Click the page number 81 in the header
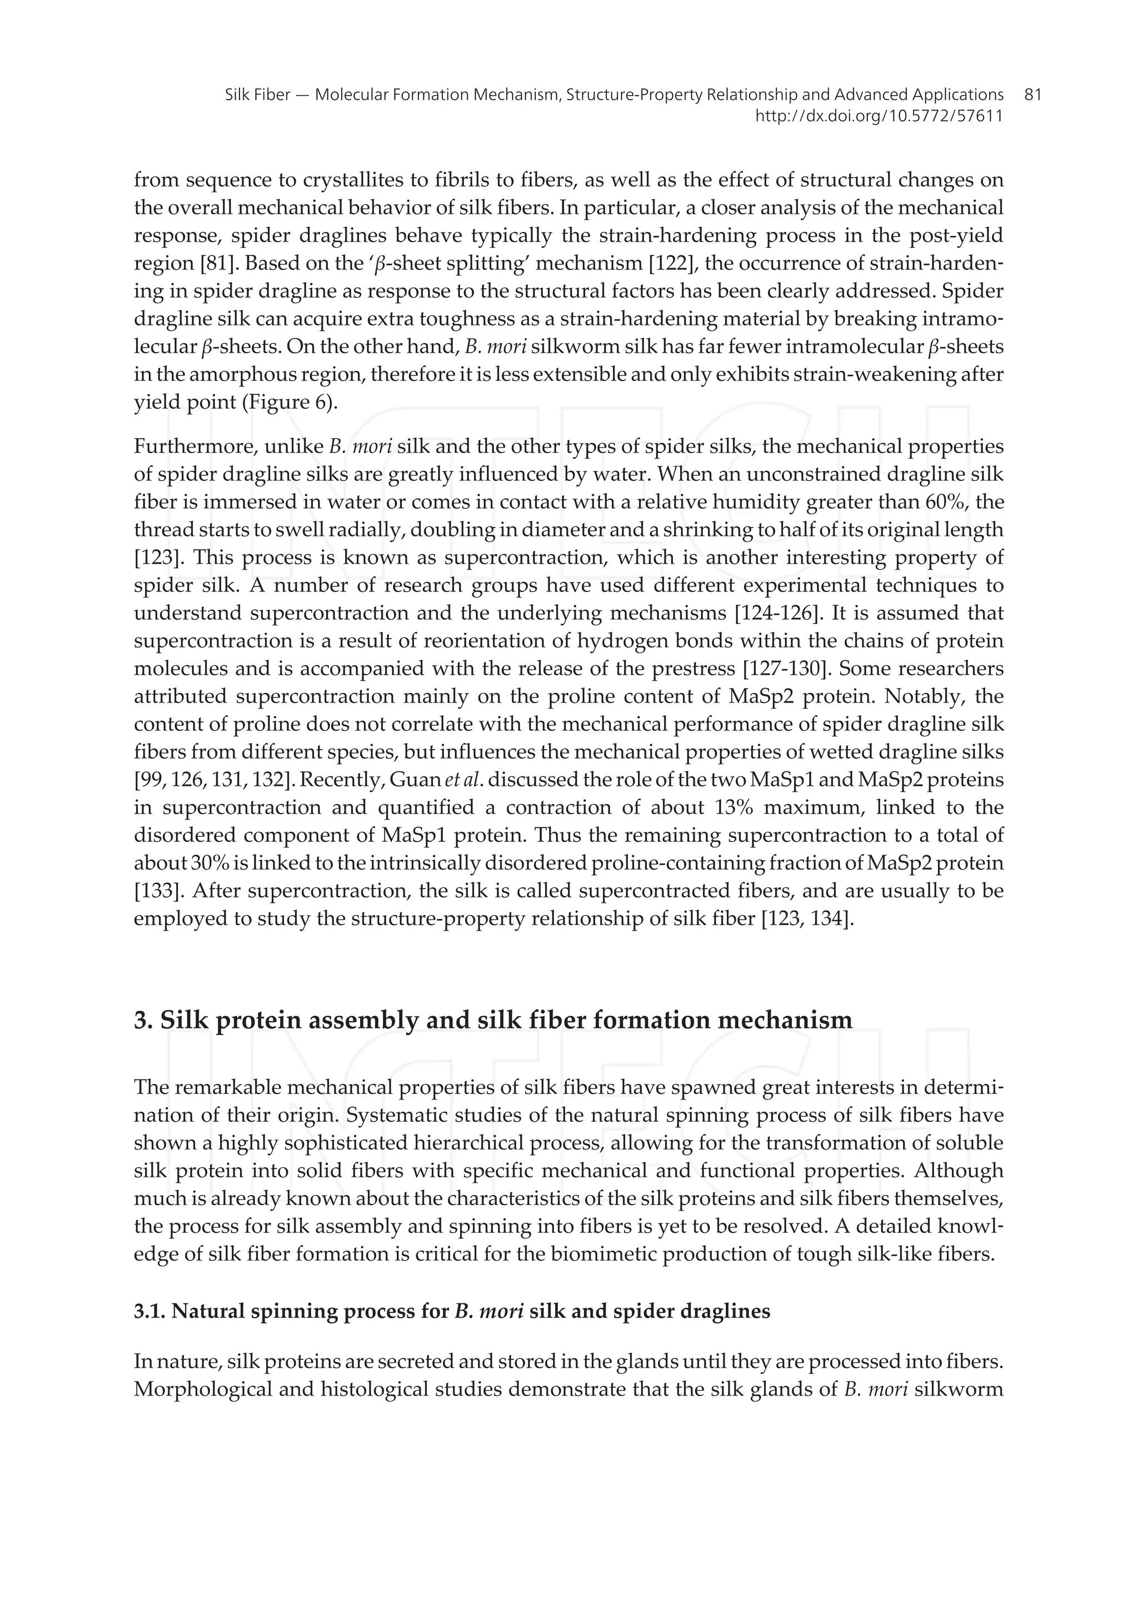1032,94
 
